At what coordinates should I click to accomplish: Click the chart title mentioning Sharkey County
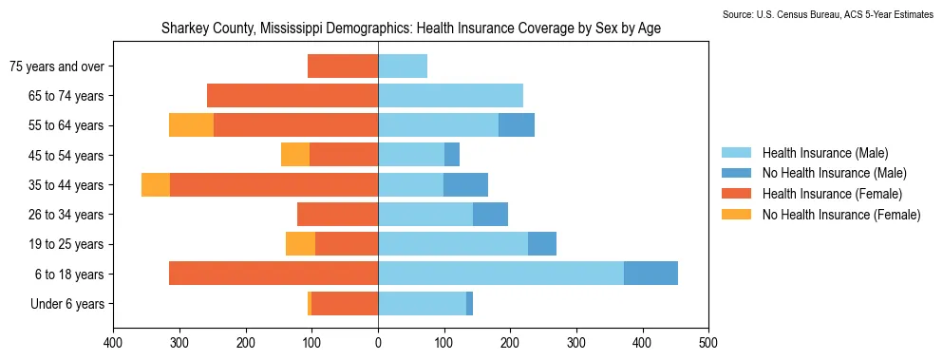tap(411, 28)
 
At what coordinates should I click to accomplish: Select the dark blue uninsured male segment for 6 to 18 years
tap(651, 274)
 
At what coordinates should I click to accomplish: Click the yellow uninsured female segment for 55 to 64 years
tap(191, 125)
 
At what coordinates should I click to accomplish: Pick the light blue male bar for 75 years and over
tap(403, 66)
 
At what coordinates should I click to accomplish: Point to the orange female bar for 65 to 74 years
tap(292, 96)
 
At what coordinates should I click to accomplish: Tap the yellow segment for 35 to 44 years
tap(156, 184)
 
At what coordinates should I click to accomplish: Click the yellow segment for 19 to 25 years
tap(300, 244)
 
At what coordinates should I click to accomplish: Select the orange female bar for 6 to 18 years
tap(273, 274)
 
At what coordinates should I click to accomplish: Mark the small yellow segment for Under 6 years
tap(310, 303)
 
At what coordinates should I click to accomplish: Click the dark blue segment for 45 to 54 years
tap(452, 155)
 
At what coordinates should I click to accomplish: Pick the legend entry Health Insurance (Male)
tap(804, 152)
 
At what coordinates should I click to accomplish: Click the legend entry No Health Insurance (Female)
tap(820, 215)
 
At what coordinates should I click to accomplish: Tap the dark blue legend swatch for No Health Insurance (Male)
tap(736, 173)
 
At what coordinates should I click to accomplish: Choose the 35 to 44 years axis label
tap(66, 185)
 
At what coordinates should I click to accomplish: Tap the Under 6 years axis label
tap(67, 303)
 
